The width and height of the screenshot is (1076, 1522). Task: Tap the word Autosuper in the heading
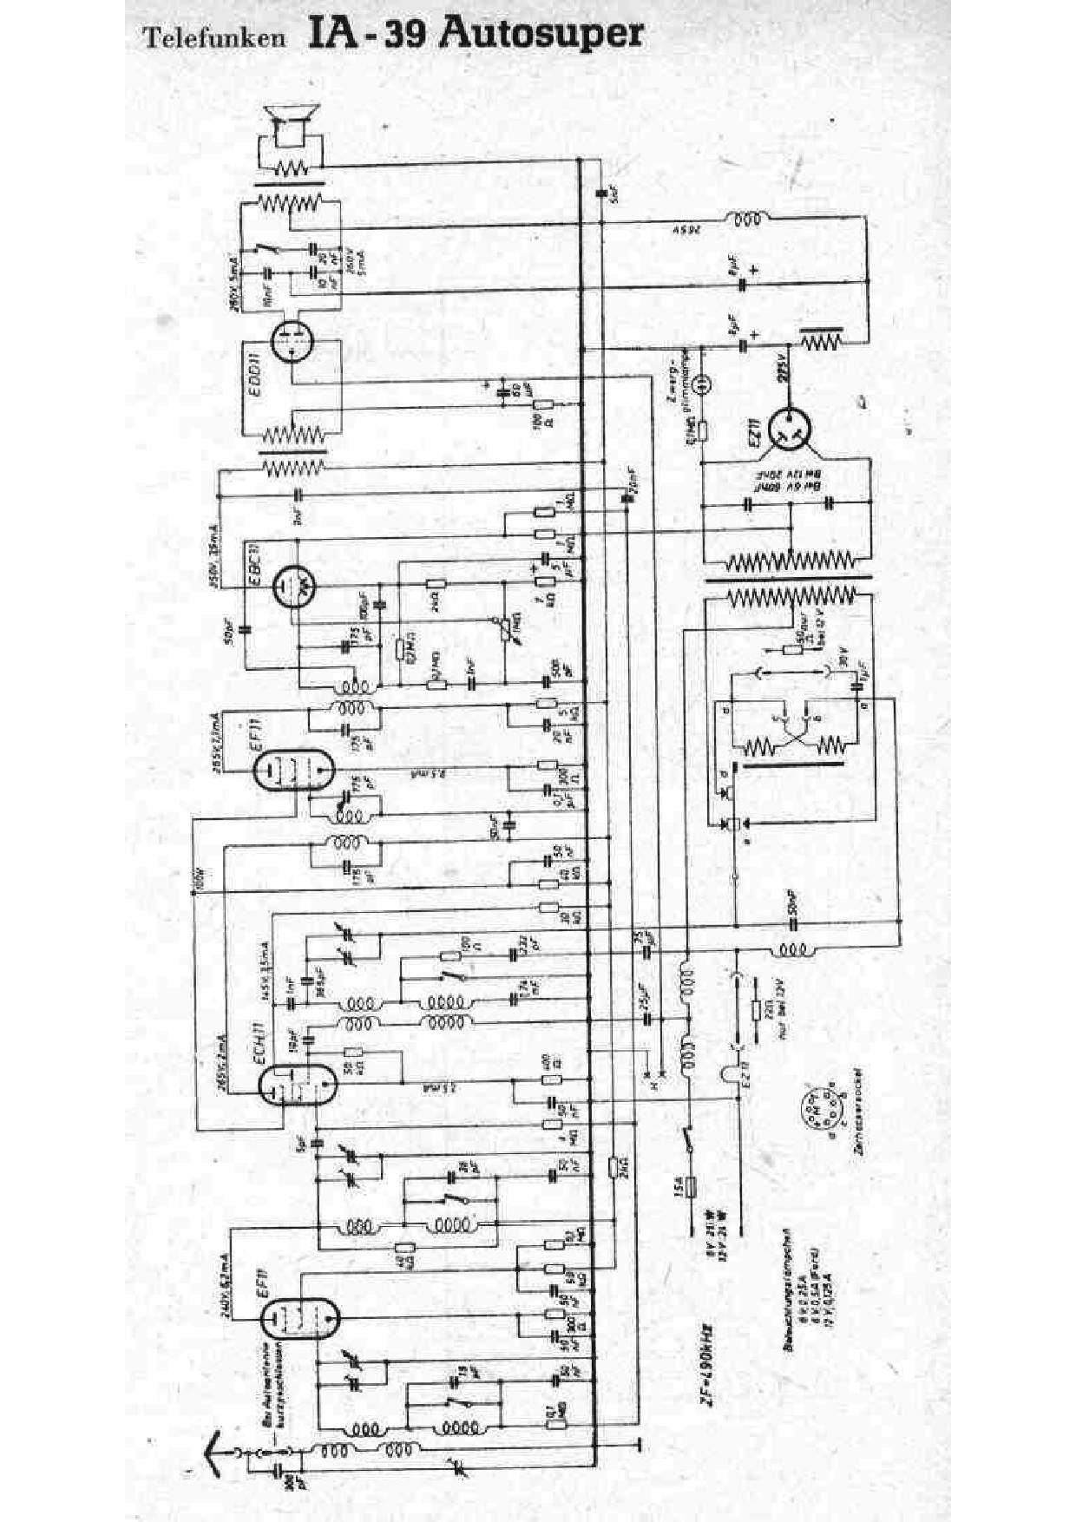(x=542, y=32)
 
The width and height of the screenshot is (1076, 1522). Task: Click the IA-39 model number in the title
(x=365, y=33)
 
